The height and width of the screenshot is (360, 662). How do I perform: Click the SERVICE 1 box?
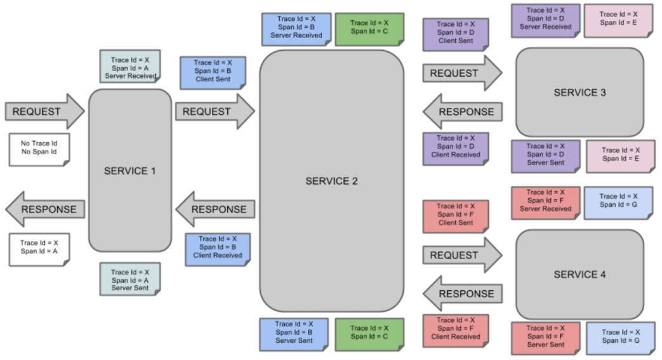tap(130, 170)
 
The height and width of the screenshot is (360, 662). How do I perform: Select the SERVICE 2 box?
tap(332, 181)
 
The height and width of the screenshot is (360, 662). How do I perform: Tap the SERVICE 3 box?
tap(579, 92)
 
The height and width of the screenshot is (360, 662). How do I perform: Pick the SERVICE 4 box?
tap(579, 274)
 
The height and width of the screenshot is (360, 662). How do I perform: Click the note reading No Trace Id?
tap(39, 150)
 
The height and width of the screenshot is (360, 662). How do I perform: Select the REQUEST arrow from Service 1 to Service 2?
tap(215, 112)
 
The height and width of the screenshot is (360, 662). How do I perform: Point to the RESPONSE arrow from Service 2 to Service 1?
tap(215, 209)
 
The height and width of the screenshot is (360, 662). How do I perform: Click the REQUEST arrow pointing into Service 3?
tap(462, 73)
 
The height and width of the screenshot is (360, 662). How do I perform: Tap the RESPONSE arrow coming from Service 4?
tap(462, 294)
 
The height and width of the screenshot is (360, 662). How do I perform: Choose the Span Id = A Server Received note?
tap(130, 66)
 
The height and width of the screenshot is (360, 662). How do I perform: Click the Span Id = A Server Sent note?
tap(130, 279)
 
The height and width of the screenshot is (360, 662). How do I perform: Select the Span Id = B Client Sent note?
tap(213, 72)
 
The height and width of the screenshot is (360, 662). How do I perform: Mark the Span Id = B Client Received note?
tap(218, 250)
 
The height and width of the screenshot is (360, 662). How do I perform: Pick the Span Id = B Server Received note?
tap(296, 29)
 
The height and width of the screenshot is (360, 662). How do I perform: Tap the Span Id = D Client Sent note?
tap(456, 34)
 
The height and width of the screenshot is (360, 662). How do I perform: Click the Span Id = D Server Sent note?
tap(545, 156)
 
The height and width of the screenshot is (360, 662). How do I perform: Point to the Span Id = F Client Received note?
tap(456, 330)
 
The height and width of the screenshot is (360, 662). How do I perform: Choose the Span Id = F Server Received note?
tap(545, 203)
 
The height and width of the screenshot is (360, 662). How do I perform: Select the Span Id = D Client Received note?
tap(456, 149)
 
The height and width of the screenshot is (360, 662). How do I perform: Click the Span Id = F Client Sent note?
tap(456, 217)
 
